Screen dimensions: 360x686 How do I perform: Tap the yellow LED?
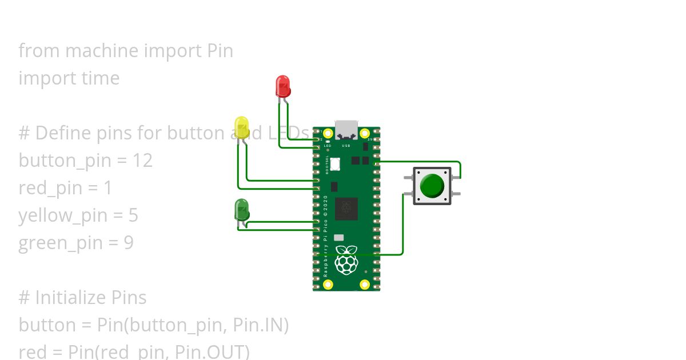(241, 127)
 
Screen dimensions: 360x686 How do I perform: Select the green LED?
(242, 210)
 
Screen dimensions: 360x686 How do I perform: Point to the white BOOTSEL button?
(335, 164)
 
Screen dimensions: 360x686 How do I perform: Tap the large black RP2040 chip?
(346, 209)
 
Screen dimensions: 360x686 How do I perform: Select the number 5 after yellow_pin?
(133, 215)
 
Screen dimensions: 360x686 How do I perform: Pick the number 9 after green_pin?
(129, 243)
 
